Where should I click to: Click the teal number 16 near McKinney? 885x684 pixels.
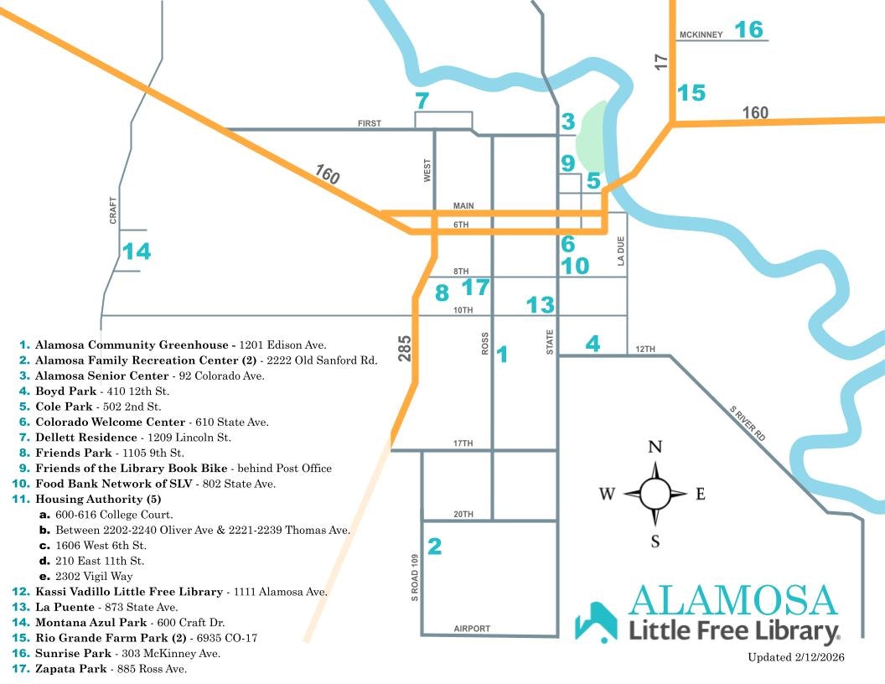coord(749,30)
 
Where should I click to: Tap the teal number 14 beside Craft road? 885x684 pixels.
coord(137,251)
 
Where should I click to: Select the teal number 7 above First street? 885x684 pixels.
coord(422,101)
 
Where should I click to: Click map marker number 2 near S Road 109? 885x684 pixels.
coord(434,547)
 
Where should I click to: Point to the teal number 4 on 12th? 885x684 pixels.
coord(593,343)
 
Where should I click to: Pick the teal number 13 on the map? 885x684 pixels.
coord(541,304)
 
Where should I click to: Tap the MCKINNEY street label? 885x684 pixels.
coord(701,35)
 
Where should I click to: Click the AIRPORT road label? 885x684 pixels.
coord(472,629)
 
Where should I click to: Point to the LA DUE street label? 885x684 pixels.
coord(621,251)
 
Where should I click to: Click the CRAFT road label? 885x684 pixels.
coord(113,210)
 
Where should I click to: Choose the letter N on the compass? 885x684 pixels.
coord(655,446)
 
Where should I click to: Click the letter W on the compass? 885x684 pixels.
coord(607,494)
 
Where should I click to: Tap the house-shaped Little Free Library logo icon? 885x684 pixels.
coord(596,622)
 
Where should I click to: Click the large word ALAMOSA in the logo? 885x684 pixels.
coord(733,600)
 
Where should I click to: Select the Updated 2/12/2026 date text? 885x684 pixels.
coord(795,657)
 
